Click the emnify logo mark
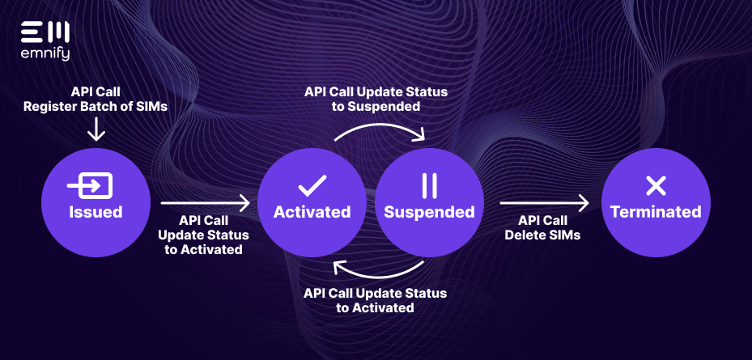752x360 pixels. point(45,33)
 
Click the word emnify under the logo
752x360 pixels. point(45,54)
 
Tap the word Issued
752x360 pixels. point(96,212)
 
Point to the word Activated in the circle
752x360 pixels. point(312,212)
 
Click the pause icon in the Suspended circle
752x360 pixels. point(429,186)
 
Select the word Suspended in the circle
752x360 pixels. point(429,212)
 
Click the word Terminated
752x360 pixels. point(655,212)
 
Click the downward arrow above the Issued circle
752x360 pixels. point(96,129)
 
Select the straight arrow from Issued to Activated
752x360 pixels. point(206,203)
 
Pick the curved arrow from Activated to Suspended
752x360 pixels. point(379,129)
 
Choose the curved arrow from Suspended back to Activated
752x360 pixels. point(379,271)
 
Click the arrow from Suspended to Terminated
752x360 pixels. point(543,203)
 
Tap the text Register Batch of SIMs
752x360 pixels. point(96,106)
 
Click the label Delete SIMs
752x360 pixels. point(542,235)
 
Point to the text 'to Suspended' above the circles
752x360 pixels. point(376,106)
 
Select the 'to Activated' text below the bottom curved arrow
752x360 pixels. point(376,308)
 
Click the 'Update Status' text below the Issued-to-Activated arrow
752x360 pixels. point(204,235)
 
